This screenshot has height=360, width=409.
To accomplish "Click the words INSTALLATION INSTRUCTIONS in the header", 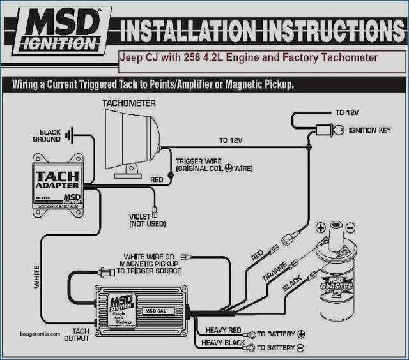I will click(x=262, y=31).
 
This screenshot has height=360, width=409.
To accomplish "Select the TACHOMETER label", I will click(x=129, y=103).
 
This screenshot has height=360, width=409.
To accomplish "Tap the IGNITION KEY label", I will click(x=370, y=130).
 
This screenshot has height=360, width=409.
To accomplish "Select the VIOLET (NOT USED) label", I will click(x=147, y=220).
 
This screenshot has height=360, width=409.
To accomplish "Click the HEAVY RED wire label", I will click(x=222, y=331).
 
